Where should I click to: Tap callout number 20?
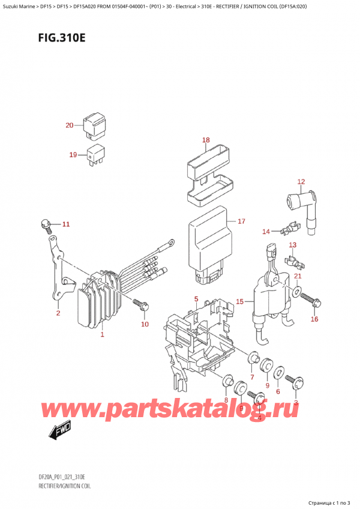70,126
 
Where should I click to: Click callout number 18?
206,140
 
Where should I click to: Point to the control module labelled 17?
207,243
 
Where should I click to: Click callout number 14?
266,231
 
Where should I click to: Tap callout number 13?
293,245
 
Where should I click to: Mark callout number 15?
240,301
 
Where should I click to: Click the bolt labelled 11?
46,224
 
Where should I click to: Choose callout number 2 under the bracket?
58,313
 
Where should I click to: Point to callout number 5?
196,299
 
